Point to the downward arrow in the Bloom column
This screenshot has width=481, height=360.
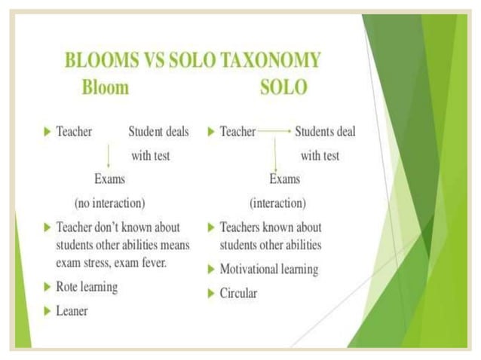[109, 155]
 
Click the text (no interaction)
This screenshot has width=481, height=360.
[109, 203]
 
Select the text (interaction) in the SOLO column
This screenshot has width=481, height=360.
[277, 203]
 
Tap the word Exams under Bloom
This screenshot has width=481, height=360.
[109, 179]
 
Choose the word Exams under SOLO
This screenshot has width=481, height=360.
[284, 179]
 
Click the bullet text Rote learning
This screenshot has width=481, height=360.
[87, 287]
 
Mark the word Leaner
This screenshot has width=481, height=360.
[72, 310]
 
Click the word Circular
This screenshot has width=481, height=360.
[238, 293]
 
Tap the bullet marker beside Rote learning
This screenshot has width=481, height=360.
[47, 287]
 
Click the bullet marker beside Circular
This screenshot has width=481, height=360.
[210, 293]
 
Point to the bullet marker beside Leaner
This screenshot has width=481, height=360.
[47, 310]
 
